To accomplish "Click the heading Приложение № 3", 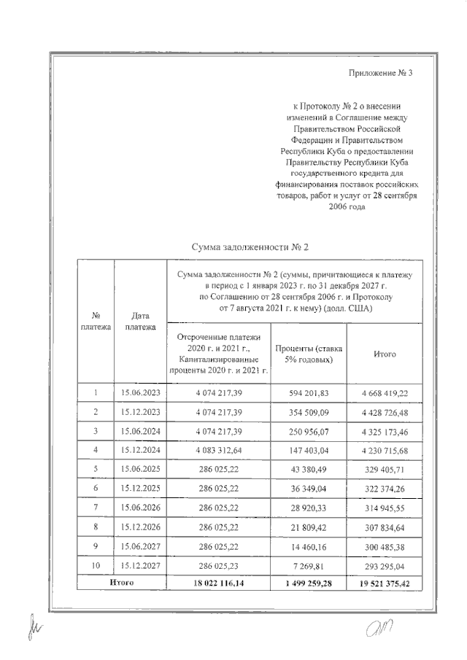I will (x=381, y=73).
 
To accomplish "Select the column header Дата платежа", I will (x=140, y=322).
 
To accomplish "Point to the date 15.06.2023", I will (x=140, y=392).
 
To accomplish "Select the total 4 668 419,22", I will (x=385, y=392).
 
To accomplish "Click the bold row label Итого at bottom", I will (x=121, y=583).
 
